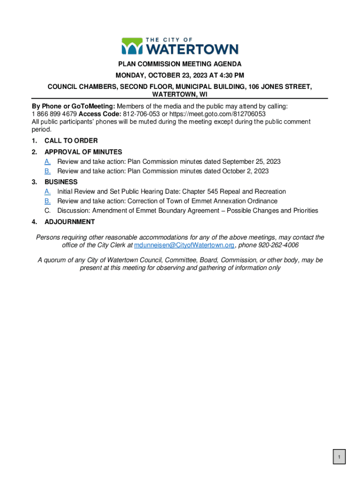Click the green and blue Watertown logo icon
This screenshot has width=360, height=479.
tap(131, 46)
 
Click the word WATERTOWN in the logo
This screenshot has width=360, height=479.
tap(192, 49)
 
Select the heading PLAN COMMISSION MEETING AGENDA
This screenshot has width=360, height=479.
tap(180, 64)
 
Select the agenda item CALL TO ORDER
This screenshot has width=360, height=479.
tap(71, 141)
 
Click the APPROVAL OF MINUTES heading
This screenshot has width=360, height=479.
tap(83, 152)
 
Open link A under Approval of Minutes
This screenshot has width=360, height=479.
tap(48, 161)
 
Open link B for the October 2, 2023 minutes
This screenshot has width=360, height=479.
tap(48, 171)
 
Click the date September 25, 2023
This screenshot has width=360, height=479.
tap(251, 161)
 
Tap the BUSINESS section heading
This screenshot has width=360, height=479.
tap(61, 181)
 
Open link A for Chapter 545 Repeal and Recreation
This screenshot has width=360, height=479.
tap(48, 191)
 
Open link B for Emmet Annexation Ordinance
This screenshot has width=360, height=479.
tap(48, 201)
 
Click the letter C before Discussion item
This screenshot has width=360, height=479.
tap(48, 211)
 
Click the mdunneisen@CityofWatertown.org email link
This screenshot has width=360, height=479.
tap(184, 245)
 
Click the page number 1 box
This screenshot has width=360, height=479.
tap(339, 457)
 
